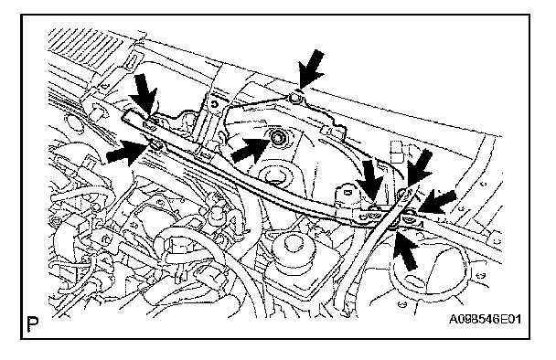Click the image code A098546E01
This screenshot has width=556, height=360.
tap(485, 320)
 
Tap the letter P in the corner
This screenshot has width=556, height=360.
tap(33, 324)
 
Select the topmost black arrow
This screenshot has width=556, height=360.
tap(311, 69)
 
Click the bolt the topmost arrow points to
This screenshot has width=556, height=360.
tap(295, 98)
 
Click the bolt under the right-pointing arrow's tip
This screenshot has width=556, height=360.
tap(156, 144)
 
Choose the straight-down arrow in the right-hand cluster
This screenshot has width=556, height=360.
tap(370, 181)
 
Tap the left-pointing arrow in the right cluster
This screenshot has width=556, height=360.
tap(437, 203)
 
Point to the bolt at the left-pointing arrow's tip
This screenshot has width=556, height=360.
tap(411, 213)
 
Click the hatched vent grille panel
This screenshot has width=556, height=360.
tap(85, 46)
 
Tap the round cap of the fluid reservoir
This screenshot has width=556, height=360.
tap(293, 247)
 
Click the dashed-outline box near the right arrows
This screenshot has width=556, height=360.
tap(397, 152)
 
